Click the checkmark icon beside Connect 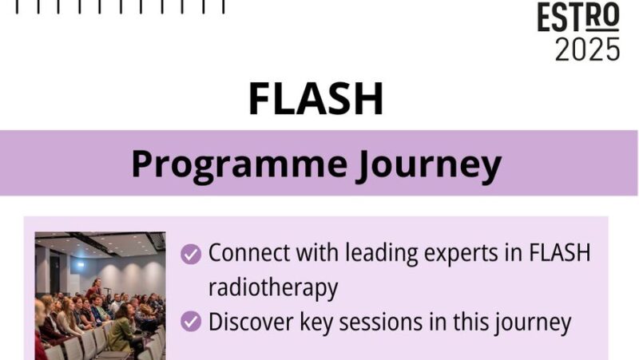point(191,254)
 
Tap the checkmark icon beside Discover point(191,322)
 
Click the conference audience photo point(100,295)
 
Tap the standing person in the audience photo point(97,287)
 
